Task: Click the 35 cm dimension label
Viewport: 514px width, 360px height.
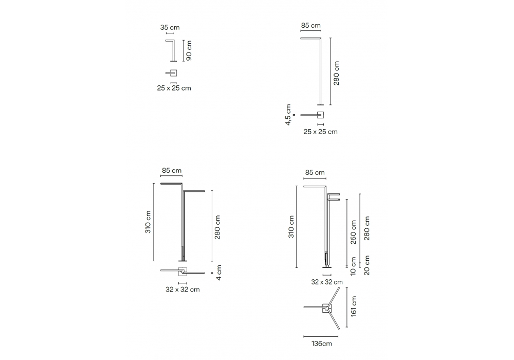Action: (170, 28)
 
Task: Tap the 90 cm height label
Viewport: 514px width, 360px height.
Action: (189, 51)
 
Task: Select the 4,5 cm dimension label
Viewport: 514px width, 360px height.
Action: (288, 115)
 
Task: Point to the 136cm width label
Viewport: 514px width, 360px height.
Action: (322, 344)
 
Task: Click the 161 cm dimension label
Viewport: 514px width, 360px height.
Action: (354, 306)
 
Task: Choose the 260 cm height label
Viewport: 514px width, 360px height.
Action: (353, 232)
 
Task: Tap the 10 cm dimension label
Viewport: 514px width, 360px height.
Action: (353, 266)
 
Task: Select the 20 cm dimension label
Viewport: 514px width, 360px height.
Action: (367, 265)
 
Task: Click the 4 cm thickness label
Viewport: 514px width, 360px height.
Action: (219, 273)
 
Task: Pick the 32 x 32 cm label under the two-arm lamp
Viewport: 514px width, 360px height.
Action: (182, 290)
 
